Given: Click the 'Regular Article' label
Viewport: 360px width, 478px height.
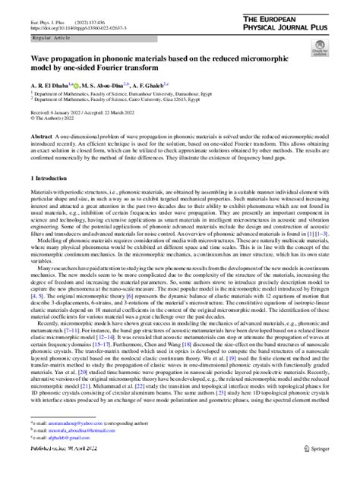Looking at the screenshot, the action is point(51,36).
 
